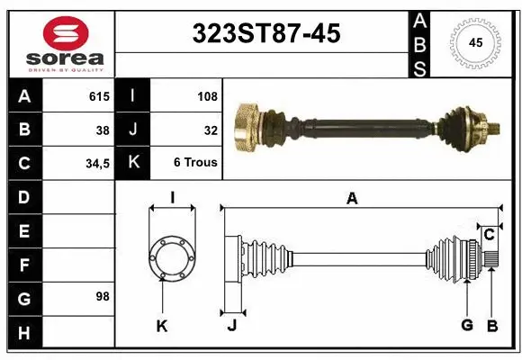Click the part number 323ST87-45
[266, 33]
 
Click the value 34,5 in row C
[96, 164]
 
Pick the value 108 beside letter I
[207, 95]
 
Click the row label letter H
[24, 334]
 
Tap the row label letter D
[24, 197]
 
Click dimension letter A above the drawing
[352, 199]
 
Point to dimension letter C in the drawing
[490, 235]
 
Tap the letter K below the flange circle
[162, 326]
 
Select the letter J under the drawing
[231, 326]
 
